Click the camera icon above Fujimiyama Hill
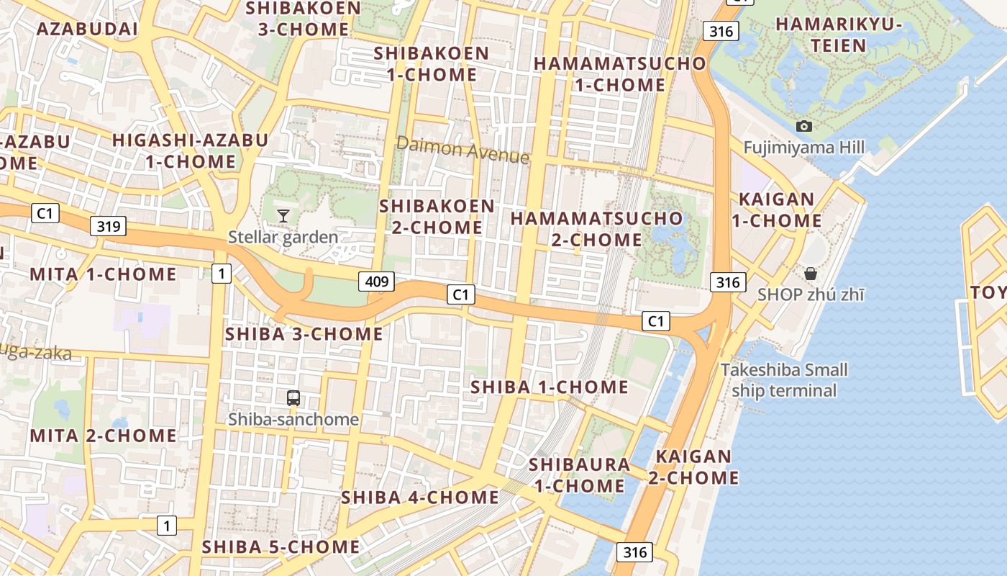click(804, 126)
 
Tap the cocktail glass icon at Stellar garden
click(283, 215)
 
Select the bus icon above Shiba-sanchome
click(293, 398)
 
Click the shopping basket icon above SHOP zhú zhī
click(811, 274)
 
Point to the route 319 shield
click(109, 226)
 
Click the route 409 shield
click(377, 281)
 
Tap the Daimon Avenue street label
click(463, 149)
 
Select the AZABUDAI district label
click(86, 29)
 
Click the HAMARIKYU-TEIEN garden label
click(839, 35)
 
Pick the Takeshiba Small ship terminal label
click(784, 380)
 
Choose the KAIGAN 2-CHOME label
click(694, 467)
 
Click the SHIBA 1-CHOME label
click(550, 387)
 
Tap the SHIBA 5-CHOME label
click(281, 546)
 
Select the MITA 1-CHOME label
click(103, 274)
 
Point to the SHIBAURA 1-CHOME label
click(579, 474)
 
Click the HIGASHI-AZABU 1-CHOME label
click(190, 150)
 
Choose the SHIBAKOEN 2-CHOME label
click(437, 216)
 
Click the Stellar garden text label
click(283, 237)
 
